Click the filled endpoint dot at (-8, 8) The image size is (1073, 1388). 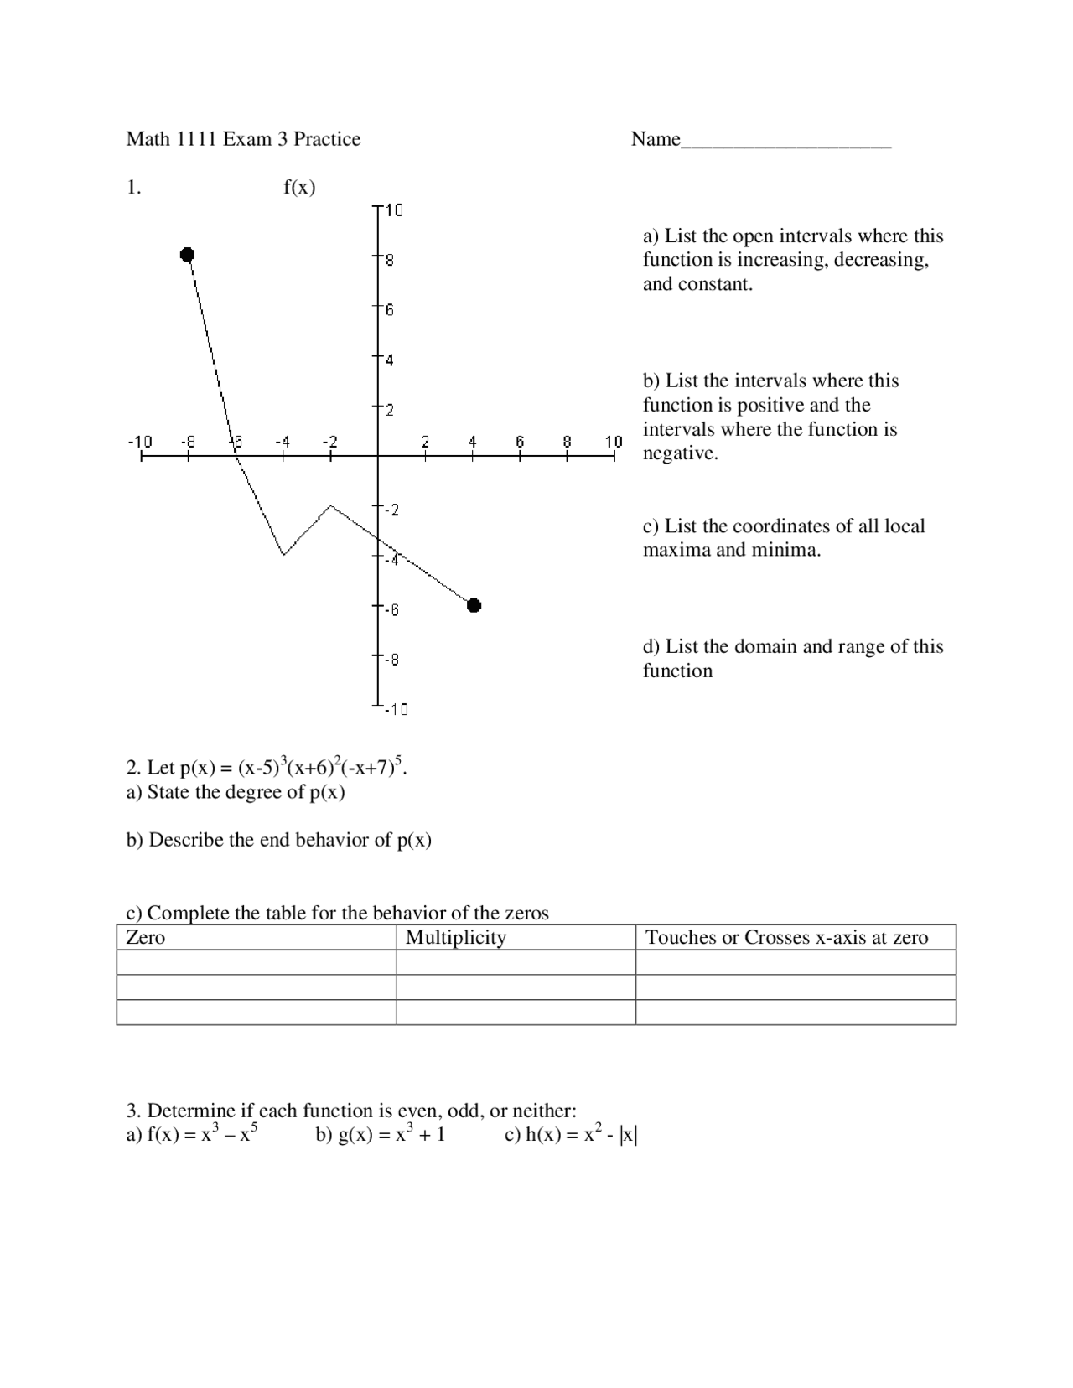(x=188, y=254)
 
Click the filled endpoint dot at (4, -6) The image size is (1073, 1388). (x=474, y=605)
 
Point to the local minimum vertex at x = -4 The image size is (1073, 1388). (x=283, y=554)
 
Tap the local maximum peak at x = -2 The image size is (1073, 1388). (x=331, y=505)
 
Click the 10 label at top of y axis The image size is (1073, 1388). (x=394, y=210)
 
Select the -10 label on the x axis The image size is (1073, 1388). (x=140, y=441)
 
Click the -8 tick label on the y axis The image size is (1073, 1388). (x=391, y=660)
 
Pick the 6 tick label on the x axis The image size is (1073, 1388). (x=520, y=441)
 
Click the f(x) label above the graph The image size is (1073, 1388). (x=299, y=187)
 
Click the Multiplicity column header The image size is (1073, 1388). (x=456, y=937)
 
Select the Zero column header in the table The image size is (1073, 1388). (x=146, y=937)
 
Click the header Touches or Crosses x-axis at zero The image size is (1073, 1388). (x=786, y=937)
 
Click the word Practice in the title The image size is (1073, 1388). (x=327, y=139)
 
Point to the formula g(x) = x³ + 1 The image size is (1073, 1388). (x=381, y=1135)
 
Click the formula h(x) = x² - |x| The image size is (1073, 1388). (x=571, y=1135)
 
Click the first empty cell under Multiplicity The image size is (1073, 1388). (x=516, y=962)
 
